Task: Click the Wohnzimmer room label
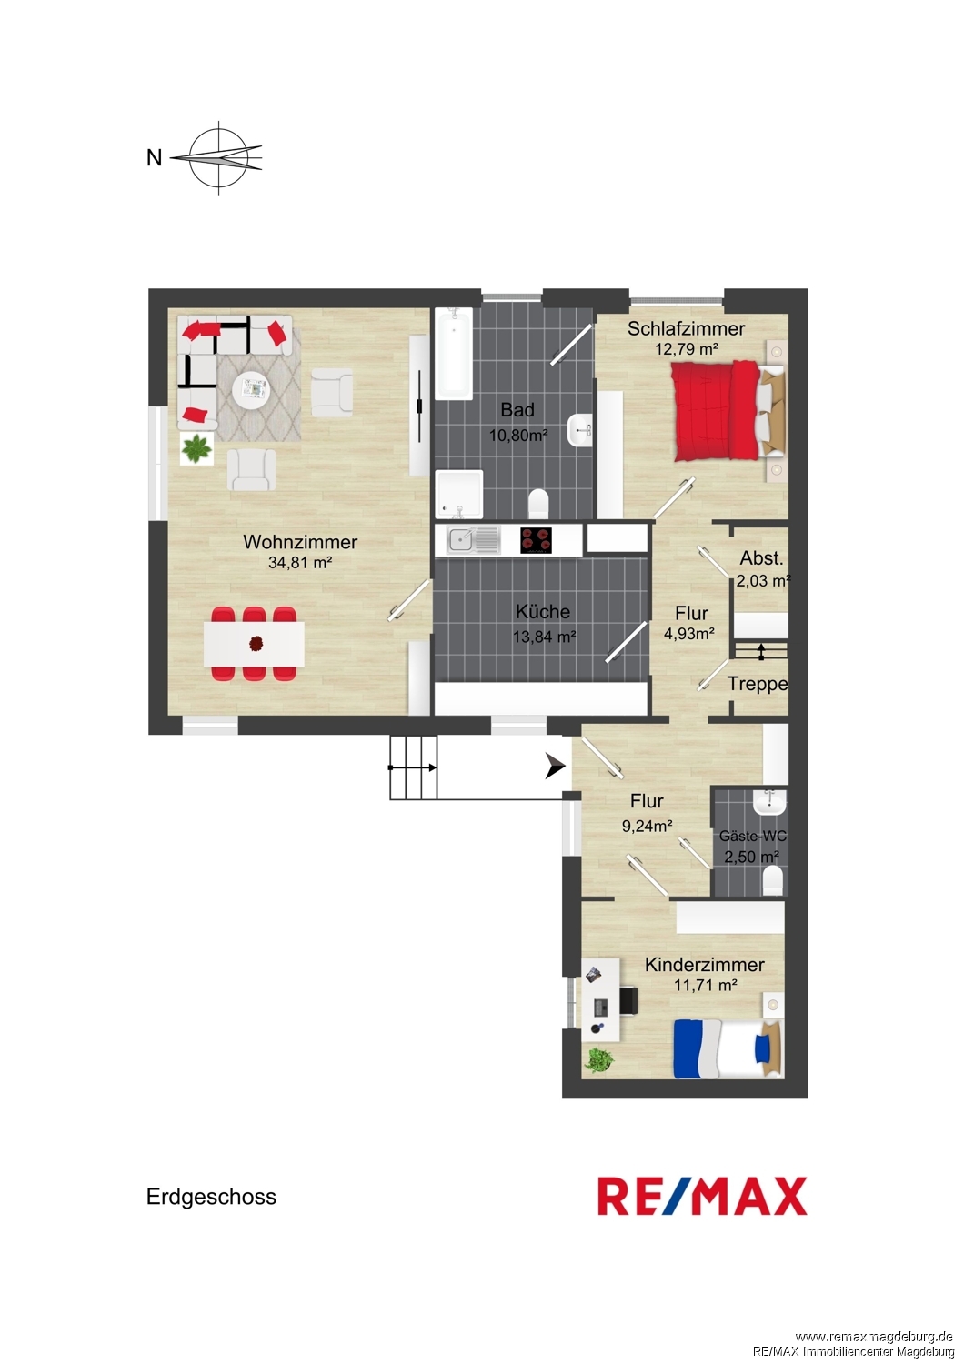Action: (299, 541)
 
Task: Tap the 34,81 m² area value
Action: (299, 563)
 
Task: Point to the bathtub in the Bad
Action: (454, 354)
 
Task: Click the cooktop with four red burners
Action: (536, 540)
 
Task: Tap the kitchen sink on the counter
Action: (473, 540)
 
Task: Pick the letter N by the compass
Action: (154, 158)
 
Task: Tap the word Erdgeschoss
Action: (211, 1198)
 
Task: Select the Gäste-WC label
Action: (753, 836)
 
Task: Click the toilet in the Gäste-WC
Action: (772, 880)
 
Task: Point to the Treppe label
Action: (758, 684)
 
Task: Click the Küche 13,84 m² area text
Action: (545, 637)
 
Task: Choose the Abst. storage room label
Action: (761, 557)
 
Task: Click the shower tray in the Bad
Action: (459, 493)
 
